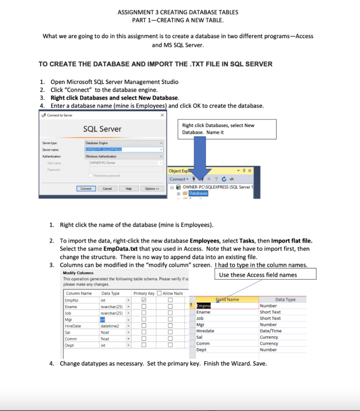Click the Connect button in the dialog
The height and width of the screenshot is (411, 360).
pos(86,188)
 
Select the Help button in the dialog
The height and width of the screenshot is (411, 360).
pos(129,188)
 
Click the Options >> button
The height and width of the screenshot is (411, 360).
pos(152,188)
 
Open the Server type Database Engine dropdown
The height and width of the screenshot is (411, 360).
pos(124,142)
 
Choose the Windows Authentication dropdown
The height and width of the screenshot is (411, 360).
pos(124,156)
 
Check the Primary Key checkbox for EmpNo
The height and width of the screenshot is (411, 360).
pos(144,300)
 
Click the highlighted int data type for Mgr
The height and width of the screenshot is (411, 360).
pos(103,319)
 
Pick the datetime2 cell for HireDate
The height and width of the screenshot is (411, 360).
pos(110,326)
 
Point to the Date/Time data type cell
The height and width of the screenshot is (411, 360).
pos(271,331)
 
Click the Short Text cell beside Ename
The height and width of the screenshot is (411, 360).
pos(270,312)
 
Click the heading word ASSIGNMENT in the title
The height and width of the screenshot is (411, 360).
pos(135,12)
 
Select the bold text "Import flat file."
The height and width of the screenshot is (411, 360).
pos(291,241)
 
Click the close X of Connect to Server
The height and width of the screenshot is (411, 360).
pos(162,115)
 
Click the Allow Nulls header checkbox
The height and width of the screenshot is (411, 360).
pos(160,293)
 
